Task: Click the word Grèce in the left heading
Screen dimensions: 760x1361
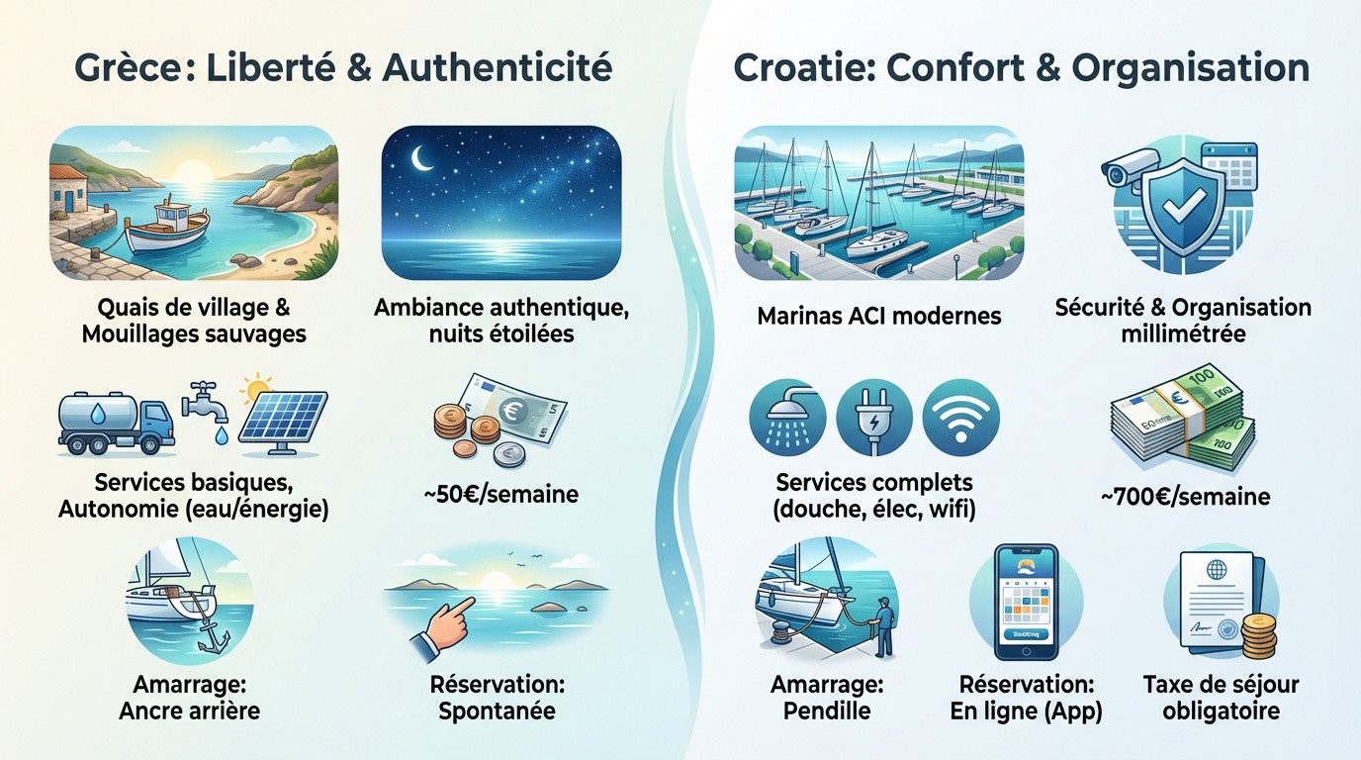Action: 117,68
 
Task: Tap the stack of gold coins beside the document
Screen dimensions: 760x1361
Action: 1257,634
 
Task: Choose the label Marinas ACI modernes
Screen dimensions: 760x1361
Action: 878,317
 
